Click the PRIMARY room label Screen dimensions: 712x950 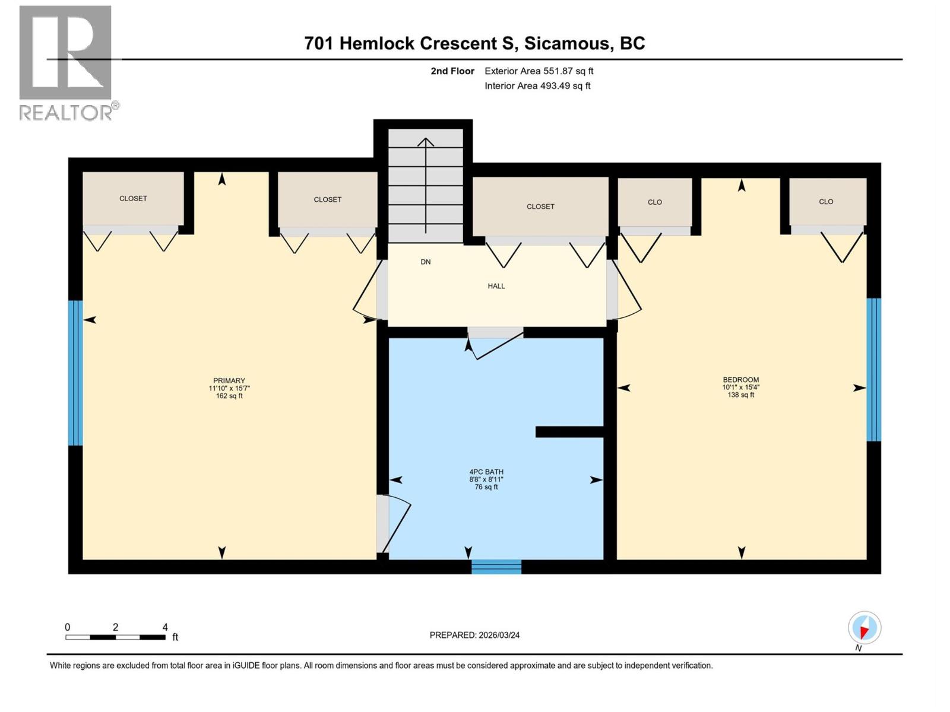point(229,381)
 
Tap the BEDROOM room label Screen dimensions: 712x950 point(740,380)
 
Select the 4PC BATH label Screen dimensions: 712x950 point(486,472)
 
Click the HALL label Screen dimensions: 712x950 point(496,286)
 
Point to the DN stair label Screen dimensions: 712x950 point(426,262)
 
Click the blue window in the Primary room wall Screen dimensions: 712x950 point(75,373)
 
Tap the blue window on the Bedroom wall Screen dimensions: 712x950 point(873,370)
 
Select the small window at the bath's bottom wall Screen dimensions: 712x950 point(496,567)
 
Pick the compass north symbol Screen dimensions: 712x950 point(864,628)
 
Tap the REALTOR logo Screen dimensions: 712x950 point(66,63)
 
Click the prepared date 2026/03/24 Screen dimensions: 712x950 point(474,635)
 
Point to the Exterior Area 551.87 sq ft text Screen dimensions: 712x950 point(539,71)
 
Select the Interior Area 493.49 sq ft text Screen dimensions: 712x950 point(537,86)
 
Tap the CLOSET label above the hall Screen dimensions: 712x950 point(540,206)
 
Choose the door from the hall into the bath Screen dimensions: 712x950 point(495,341)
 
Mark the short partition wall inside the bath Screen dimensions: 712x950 point(569,432)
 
